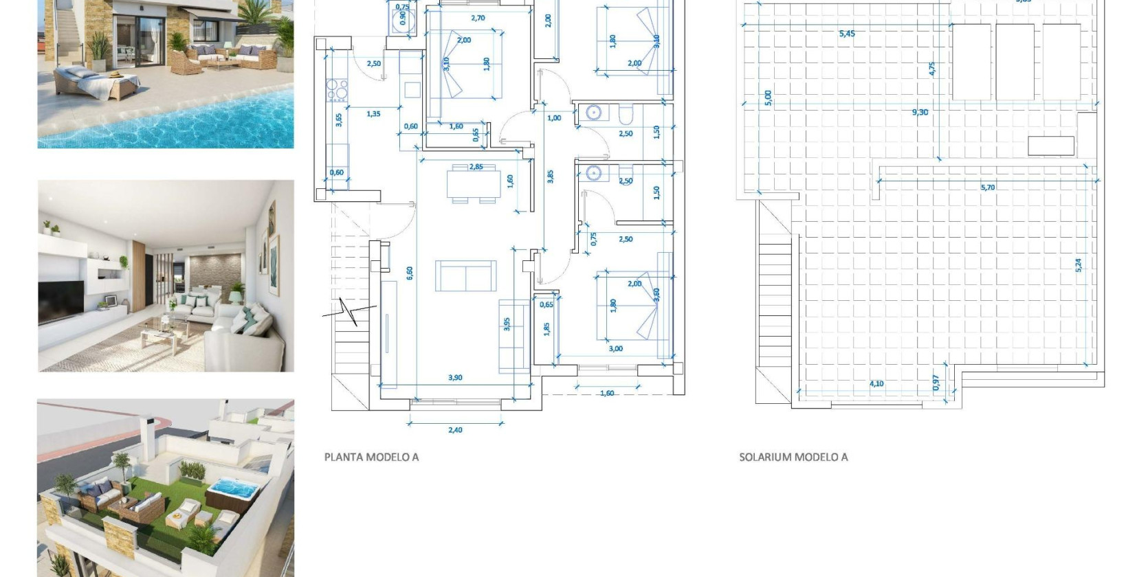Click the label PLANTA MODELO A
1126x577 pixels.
371,457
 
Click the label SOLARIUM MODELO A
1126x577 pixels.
793,457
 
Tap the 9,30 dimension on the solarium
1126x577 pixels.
920,112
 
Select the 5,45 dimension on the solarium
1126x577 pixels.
847,33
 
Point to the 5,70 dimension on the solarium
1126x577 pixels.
988,187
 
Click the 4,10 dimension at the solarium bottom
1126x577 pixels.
876,384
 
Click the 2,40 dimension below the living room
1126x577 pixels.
455,430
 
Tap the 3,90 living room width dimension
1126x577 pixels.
455,377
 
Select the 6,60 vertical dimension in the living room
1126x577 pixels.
410,273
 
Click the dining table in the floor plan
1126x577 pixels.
474,184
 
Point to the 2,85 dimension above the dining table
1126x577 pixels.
476,167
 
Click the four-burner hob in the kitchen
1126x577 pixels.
336,90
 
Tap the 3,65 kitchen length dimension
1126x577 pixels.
339,120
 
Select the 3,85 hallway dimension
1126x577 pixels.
551,177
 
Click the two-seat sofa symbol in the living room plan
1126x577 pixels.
465,276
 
